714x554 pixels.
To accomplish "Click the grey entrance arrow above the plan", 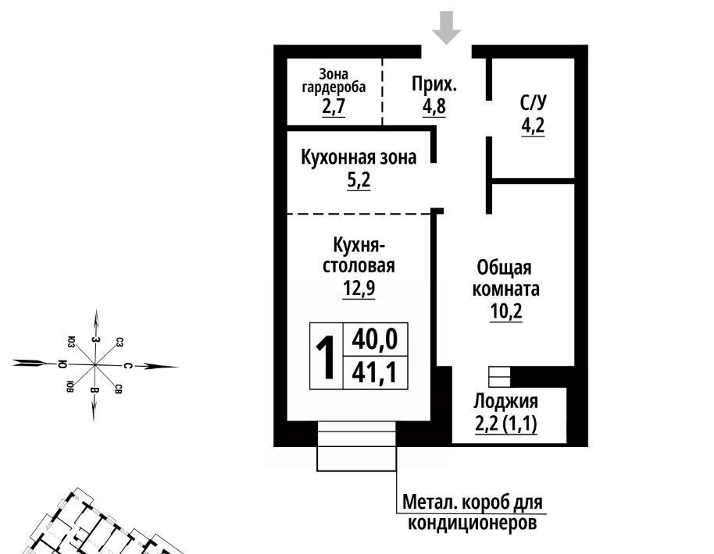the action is [x=446, y=28].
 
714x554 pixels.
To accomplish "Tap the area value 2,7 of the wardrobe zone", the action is [x=334, y=106].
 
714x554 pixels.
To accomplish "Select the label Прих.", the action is [x=434, y=84].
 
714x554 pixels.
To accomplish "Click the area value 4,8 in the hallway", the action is [x=434, y=106].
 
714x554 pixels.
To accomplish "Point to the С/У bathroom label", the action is [x=534, y=103].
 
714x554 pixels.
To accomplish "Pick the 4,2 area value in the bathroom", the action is [x=533, y=126].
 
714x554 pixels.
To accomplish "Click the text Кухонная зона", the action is [x=359, y=158].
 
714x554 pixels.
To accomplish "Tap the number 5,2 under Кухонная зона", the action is [x=359, y=180].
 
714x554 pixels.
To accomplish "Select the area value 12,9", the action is [x=359, y=287].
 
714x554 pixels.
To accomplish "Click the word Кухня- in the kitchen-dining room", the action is [x=359, y=245].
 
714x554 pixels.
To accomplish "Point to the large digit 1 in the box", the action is [x=326, y=357].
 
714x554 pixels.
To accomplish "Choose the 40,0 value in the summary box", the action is [x=375, y=339].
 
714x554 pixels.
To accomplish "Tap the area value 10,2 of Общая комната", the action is [x=506, y=311].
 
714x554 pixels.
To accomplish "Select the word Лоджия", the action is [x=506, y=402].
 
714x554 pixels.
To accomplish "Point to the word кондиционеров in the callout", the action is [x=472, y=523].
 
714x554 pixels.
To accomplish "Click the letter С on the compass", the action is [x=127, y=366].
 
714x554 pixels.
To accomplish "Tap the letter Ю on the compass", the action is [x=62, y=364].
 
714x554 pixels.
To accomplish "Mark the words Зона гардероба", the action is [x=334, y=80].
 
